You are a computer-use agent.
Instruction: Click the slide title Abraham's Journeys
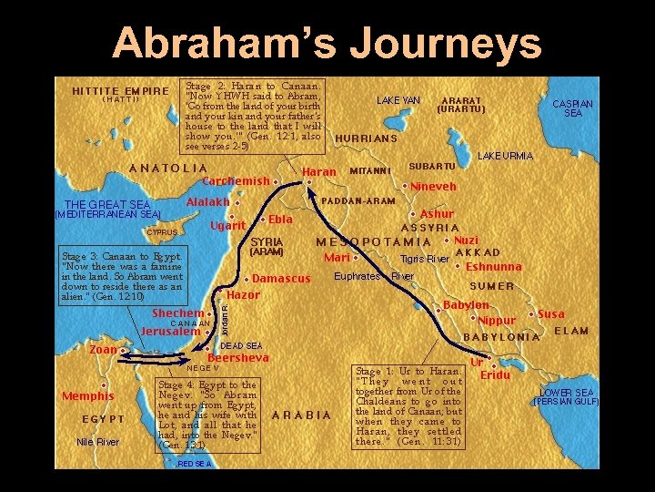327,42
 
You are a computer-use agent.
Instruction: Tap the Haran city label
318,171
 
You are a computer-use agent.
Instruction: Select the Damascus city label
281,278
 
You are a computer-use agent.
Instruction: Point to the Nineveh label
433,187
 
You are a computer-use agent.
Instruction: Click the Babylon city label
466,305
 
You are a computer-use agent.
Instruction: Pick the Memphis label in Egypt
88,396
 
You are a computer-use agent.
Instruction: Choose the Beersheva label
238,358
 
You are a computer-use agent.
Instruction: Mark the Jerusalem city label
171,332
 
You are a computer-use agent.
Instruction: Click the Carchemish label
236,180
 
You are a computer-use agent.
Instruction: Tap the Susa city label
551,313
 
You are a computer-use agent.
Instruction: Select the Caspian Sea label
573,108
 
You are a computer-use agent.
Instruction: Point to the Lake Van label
398,100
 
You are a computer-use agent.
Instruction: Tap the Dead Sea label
241,346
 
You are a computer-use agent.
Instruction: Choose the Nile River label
97,442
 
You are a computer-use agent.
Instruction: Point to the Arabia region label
302,415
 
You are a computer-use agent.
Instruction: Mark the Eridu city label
495,375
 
